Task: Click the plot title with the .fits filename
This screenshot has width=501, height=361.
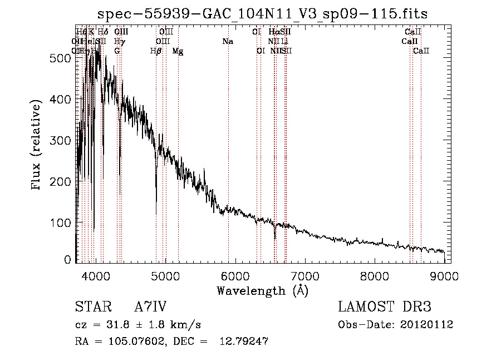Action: pyautogui.click(x=263, y=13)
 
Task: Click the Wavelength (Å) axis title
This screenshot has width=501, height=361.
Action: pyautogui.click(x=262, y=290)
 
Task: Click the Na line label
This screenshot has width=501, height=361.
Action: pyautogui.click(x=227, y=41)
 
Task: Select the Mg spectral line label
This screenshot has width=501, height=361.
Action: pyautogui.click(x=178, y=51)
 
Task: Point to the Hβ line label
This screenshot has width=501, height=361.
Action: pyautogui.click(x=156, y=51)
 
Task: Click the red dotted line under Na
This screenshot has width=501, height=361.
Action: pyautogui.click(x=228, y=139)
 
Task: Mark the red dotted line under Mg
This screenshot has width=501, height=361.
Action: pyautogui.click(x=178, y=139)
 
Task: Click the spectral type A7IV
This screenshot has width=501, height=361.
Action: pyautogui.click(x=150, y=307)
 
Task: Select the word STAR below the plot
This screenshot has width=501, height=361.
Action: pyautogui.click(x=89, y=307)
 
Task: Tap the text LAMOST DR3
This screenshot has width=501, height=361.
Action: pyautogui.click(x=385, y=307)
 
